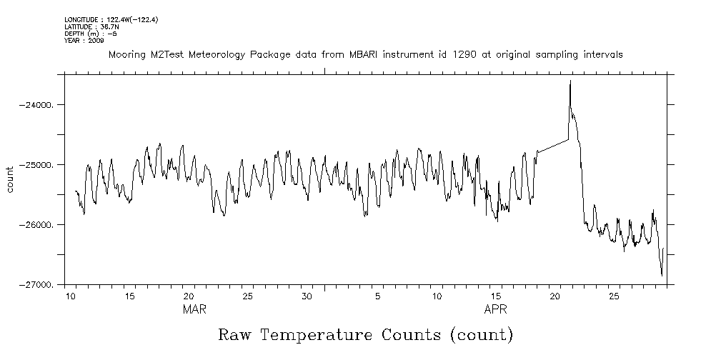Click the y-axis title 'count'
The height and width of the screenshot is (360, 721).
click(10, 179)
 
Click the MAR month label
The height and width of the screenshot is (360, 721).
click(194, 309)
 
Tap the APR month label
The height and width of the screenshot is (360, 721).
click(496, 309)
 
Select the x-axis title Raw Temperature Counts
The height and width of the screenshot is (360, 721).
click(365, 335)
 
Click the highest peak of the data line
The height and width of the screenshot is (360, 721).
click(570, 81)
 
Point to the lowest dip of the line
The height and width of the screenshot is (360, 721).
click(662, 275)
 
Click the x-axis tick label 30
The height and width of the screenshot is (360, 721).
click(306, 296)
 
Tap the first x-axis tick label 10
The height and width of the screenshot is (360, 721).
click(71, 296)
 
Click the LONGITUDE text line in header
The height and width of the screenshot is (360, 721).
click(111, 19)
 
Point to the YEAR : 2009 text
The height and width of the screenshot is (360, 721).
click(84, 41)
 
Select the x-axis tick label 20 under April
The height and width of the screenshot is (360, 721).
click(555, 296)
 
